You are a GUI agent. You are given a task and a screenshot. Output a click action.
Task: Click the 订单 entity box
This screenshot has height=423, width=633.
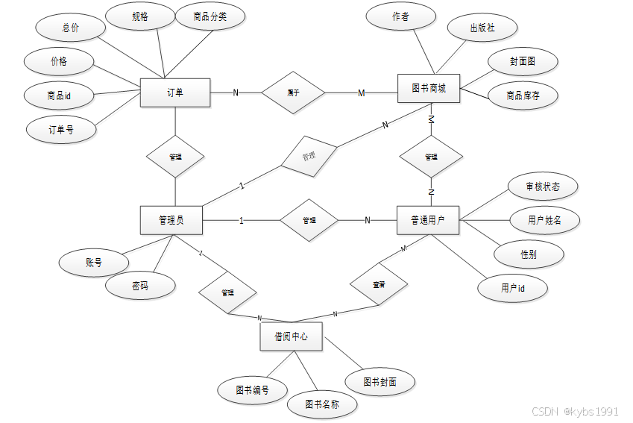tap(175, 92)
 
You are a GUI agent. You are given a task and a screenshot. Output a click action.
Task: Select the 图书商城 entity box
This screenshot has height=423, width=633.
tap(429, 89)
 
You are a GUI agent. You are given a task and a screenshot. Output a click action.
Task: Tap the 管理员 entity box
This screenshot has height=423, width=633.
tap(171, 220)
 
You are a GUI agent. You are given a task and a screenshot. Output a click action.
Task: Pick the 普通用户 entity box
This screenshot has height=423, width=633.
tap(429, 220)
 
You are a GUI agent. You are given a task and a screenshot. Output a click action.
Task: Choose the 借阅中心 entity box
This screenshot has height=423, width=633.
tap(291, 337)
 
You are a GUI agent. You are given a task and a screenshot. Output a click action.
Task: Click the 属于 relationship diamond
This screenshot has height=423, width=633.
tap(293, 93)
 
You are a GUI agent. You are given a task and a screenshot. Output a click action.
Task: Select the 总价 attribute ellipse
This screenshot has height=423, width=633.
tap(70, 28)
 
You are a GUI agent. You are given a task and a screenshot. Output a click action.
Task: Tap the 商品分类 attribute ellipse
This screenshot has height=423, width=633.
tap(210, 16)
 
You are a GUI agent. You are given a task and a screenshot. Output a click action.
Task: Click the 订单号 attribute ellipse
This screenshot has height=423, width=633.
tap(61, 129)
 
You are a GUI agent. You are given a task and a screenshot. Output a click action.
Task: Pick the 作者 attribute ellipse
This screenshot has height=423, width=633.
tap(400, 16)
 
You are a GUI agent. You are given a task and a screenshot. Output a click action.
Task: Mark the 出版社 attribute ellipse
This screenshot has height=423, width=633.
tap(482, 28)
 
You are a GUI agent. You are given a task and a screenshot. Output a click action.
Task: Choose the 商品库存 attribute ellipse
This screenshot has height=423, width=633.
tap(523, 95)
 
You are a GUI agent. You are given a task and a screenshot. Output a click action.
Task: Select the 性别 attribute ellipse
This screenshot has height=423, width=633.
tap(528, 254)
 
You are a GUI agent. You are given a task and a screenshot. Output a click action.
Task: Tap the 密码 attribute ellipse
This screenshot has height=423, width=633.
tap(140, 285)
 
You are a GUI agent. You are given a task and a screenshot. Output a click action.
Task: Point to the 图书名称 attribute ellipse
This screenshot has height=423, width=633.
tap(322, 404)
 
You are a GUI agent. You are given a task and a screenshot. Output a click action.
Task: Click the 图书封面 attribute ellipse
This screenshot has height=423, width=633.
tap(380, 381)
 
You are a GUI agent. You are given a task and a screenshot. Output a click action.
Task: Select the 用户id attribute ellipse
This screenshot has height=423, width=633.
tap(513, 288)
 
